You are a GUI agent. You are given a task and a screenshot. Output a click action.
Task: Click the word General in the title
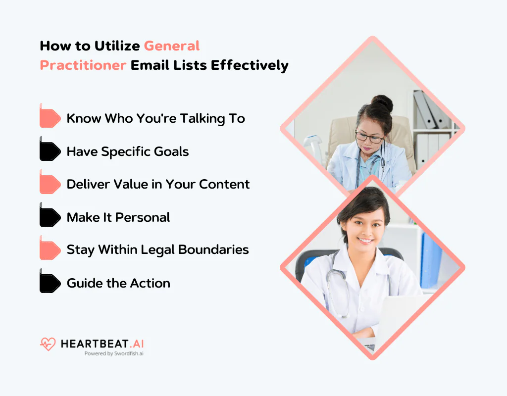[x=172, y=46]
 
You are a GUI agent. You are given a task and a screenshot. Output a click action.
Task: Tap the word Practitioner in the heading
[x=83, y=65]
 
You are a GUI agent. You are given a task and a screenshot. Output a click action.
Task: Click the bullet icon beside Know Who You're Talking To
[x=50, y=118]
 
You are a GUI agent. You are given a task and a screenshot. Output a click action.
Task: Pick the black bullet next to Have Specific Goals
[x=50, y=151]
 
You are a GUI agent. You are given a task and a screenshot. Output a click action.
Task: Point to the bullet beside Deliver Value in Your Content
[x=50, y=184]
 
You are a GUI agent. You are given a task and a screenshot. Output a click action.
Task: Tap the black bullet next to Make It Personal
[x=50, y=217]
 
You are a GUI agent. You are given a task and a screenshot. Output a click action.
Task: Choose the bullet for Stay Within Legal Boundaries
[x=50, y=250]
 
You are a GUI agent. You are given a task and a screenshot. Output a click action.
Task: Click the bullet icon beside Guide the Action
[x=50, y=283]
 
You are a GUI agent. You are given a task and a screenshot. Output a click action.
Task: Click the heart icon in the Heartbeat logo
[x=48, y=344]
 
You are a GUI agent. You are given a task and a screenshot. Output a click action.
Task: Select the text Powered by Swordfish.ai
[x=114, y=353]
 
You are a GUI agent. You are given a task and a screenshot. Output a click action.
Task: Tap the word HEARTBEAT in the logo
[x=93, y=344]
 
